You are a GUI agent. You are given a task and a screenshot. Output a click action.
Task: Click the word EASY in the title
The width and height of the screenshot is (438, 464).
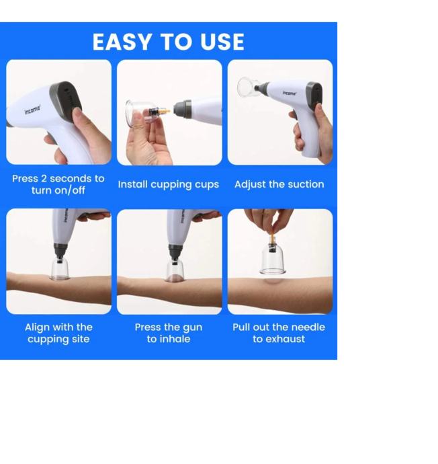click(122, 42)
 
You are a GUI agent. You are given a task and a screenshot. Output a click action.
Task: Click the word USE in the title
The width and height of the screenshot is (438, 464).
click(222, 42)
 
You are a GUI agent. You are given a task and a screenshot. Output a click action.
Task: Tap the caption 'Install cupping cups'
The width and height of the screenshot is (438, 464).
click(169, 185)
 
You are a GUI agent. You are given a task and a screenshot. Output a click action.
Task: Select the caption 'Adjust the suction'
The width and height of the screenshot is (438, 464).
click(279, 184)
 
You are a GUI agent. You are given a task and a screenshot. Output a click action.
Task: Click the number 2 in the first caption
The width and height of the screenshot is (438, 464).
click(44, 178)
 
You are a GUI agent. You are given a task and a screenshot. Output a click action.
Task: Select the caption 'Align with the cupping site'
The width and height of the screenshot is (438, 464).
click(58, 333)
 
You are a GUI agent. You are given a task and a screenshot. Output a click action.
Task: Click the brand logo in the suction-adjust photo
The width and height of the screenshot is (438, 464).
click(289, 93)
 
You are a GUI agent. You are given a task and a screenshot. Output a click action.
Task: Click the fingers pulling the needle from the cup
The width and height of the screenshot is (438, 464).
click(267, 221)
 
